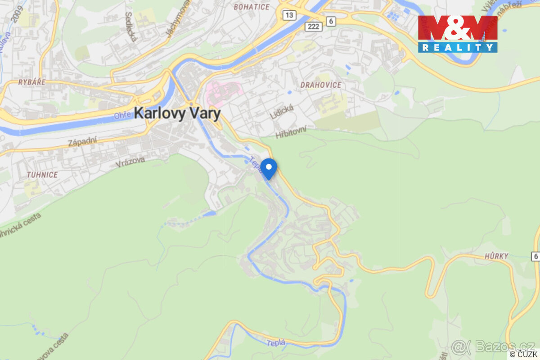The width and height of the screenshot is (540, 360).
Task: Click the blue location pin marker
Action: tap(269, 169)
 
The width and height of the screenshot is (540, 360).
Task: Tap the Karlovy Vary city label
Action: tap(177, 113)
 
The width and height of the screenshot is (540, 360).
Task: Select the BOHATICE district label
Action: tap(252, 7)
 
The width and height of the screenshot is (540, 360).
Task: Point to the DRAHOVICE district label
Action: tap(321, 85)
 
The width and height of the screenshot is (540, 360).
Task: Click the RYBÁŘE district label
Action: tap(32, 82)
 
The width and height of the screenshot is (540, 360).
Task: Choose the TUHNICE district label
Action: tap(42, 175)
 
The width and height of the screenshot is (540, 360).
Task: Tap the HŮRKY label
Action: tap(497, 256)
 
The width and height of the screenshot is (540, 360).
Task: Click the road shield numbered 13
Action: tap(289, 15)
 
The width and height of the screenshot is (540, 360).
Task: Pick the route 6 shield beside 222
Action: tap(331, 21)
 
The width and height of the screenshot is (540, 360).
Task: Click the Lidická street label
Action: tap(282, 112)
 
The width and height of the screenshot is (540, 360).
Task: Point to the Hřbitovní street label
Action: tap(291, 131)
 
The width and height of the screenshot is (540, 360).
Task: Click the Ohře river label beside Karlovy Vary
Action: tap(122, 116)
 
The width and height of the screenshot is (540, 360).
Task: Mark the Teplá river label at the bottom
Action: tap(275, 343)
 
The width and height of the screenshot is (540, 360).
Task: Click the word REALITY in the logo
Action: tap(457, 47)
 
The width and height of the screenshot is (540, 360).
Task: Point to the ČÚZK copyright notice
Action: tap(523, 355)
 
